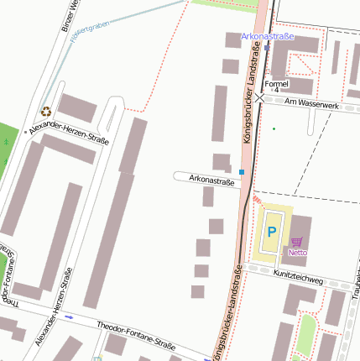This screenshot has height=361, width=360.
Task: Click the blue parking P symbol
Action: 272,229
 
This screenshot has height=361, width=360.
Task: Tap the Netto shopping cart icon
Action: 296,241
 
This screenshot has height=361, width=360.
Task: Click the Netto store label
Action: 297,252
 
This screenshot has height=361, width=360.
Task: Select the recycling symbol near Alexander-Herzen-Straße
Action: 46,110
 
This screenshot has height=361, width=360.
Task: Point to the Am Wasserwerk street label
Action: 311,103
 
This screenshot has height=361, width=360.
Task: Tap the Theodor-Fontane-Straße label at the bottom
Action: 136,335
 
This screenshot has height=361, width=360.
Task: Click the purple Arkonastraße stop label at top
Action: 268,37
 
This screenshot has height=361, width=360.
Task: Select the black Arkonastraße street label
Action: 211,179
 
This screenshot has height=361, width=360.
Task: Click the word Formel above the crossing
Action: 276,84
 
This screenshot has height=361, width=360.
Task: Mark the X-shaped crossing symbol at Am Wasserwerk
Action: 260,98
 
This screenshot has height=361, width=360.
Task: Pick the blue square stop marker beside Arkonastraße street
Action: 243,171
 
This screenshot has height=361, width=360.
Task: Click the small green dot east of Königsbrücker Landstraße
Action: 274,128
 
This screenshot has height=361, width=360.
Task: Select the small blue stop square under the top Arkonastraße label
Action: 268,48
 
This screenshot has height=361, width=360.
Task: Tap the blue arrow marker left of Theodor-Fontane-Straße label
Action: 69,317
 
